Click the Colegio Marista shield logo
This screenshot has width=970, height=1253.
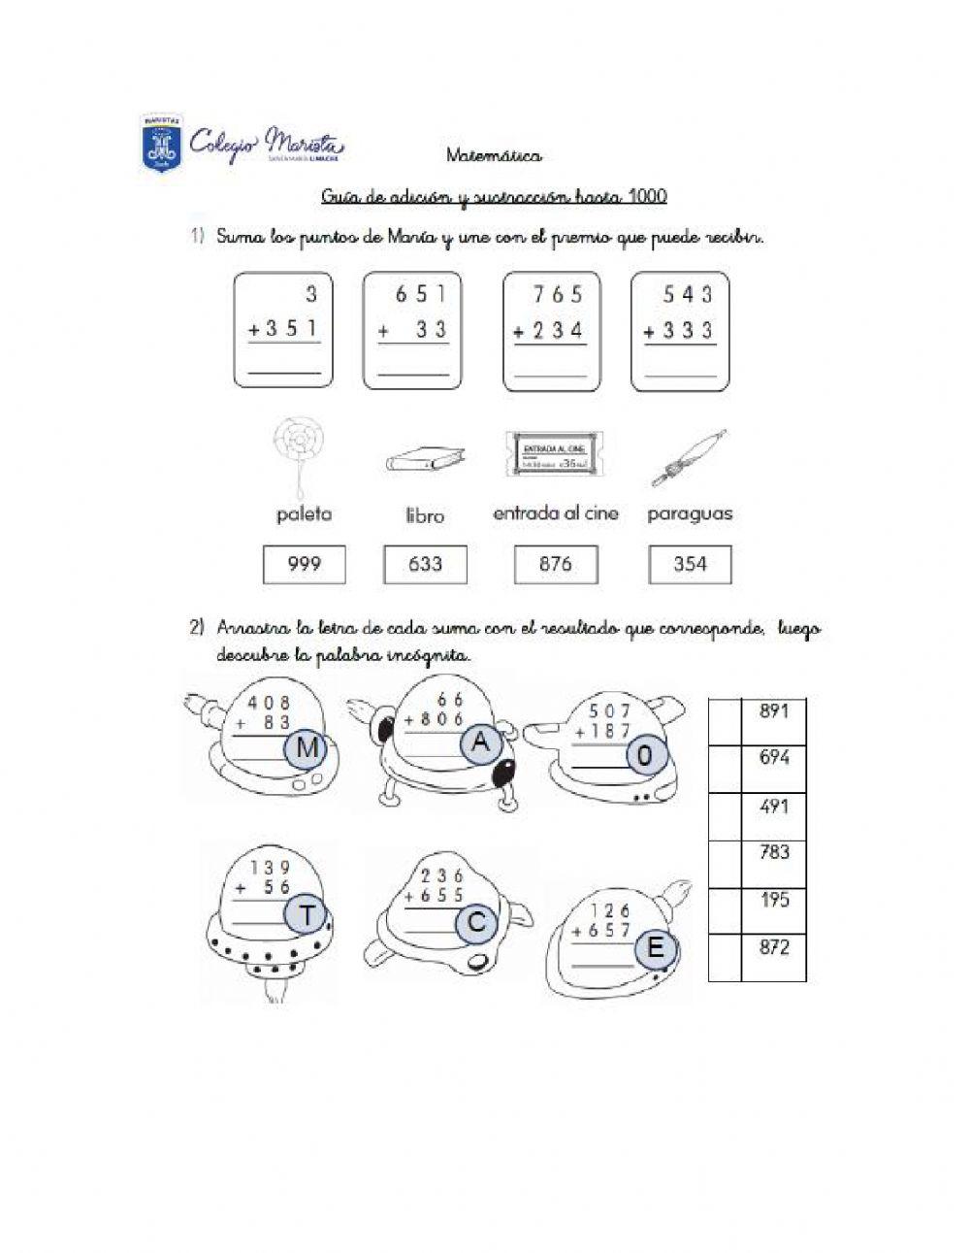point(161,144)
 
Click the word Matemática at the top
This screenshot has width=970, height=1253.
point(495,155)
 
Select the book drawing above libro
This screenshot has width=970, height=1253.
point(424,459)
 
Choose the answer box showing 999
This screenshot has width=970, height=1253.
point(305,564)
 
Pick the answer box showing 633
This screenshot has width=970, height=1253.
point(425,564)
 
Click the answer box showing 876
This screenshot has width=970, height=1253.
point(555,564)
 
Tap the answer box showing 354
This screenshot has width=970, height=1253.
point(690,564)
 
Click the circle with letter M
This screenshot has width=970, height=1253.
point(306,750)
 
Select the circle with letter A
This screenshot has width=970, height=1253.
point(480,744)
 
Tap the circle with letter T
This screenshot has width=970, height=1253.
point(307,915)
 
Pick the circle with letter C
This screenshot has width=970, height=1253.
point(476,923)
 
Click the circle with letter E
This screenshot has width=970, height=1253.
point(656,948)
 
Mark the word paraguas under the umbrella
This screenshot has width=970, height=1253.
point(690,513)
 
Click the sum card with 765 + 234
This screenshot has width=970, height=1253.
point(552,331)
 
